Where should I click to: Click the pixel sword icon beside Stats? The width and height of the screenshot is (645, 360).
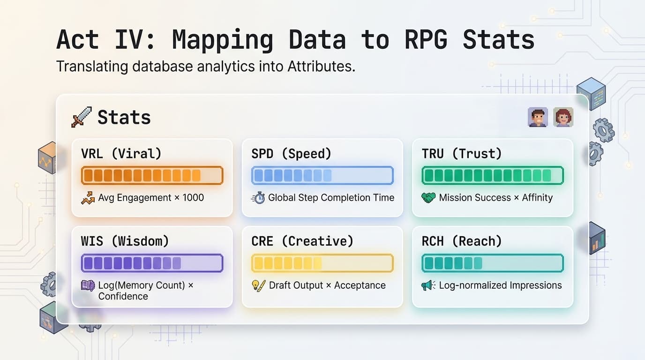(82, 117)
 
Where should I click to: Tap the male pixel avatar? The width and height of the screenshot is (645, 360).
(538, 117)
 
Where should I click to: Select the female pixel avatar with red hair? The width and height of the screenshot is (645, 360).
(563, 117)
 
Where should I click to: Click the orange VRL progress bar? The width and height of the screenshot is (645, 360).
(152, 175)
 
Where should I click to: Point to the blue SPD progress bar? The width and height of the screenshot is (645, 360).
(322, 175)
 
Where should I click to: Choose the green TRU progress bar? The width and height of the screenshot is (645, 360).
(493, 175)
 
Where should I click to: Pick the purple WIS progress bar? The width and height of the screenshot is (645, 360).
(152, 263)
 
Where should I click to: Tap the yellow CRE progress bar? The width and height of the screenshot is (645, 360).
(322, 263)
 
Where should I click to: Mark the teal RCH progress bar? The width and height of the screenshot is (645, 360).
(493, 263)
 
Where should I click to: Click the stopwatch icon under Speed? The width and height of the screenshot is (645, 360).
(258, 198)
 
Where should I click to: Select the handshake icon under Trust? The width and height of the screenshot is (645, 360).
(428, 197)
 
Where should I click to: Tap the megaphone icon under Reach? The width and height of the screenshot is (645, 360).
(428, 285)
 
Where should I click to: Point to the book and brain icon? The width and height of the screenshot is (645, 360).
(88, 285)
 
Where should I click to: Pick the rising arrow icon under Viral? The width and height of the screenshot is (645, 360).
(88, 198)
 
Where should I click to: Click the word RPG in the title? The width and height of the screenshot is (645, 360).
(427, 39)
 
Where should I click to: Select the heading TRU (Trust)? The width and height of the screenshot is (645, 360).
(462, 154)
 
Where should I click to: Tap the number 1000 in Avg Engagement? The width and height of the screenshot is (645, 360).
(193, 197)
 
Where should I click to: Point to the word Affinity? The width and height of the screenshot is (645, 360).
(537, 197)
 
